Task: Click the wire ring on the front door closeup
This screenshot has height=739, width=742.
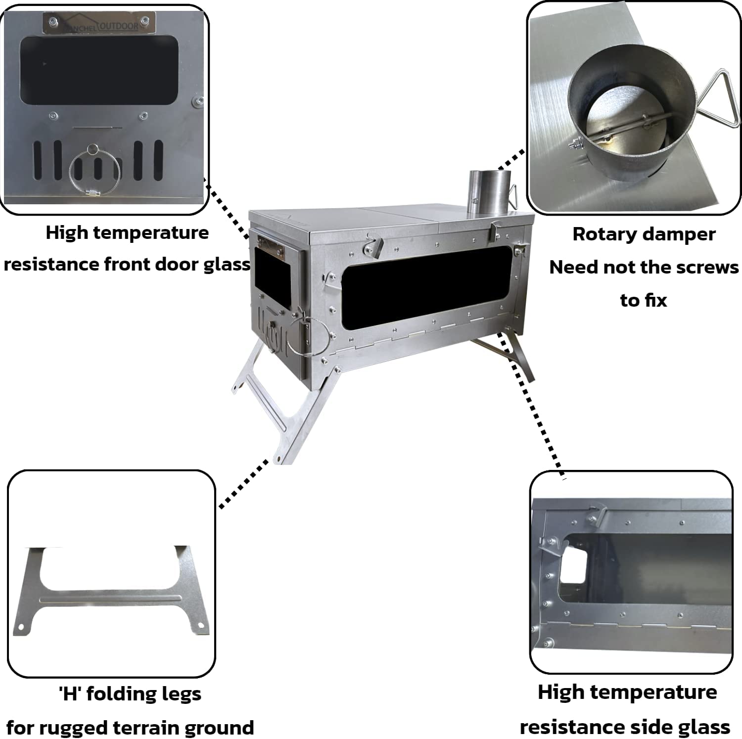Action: point(95,172)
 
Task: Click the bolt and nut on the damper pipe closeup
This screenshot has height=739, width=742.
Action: point(575,145)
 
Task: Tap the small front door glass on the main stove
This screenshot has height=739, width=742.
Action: point(272,272)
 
